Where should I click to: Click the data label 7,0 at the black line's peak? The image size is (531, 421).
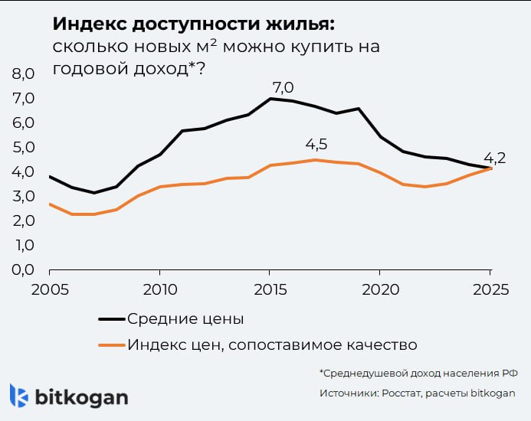point(283,86)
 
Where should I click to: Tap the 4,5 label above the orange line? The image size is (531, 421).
point(316,145)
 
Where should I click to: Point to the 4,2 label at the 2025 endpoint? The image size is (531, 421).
point(496,158)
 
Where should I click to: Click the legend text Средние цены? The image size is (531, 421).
point(185,318)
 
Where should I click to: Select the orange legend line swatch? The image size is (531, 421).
point(111,344)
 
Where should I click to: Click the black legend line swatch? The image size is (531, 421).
point(111,318)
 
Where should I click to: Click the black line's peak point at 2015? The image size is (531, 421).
point(270,99)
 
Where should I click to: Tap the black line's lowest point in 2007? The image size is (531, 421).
point(93,193)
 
